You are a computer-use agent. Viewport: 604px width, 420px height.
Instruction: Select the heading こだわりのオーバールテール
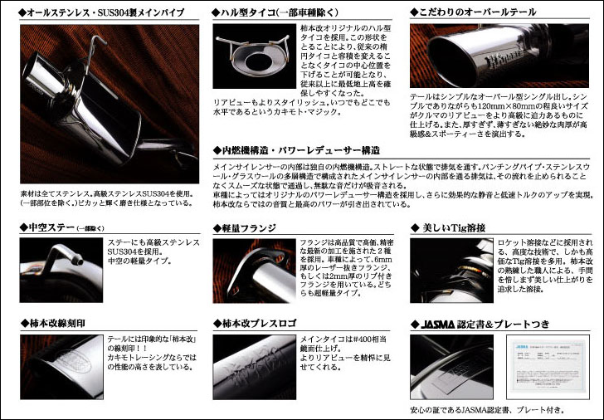click(480, 13)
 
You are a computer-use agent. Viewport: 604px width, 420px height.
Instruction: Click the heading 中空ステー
click(50, 227)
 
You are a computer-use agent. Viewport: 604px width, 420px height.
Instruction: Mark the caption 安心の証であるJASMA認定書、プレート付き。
click(487, 410)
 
